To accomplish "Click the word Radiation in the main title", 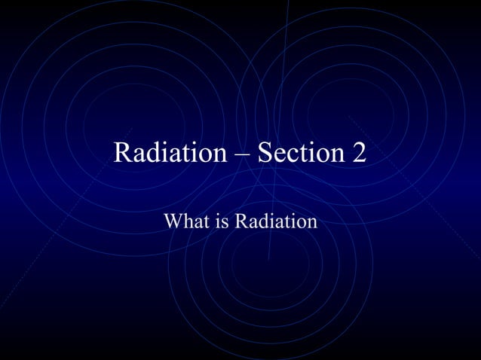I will point(170,153).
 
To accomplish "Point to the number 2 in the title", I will point(359,153).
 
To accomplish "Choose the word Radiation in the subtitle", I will point(275,222).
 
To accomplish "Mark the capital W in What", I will point(173,222).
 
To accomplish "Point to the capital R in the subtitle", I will point(240,222).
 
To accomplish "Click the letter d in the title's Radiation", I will point(153,153).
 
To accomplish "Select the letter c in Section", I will point(291,154).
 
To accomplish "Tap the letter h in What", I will point(184,222).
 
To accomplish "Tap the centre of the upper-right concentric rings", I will point(351,113).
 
